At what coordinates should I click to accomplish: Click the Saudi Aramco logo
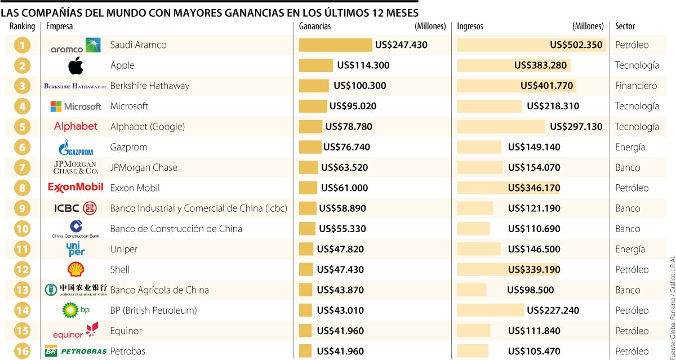[x=75, y=46]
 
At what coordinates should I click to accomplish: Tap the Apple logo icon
[x=75, y=65]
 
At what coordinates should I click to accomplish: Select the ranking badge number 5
[x=22, y=127]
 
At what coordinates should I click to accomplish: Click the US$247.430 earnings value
[x=402, y=45]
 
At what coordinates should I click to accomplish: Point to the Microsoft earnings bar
[x=313, y=106]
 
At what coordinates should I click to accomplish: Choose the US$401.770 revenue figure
[x=547, y=86]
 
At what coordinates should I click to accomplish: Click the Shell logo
[x=75, y=269]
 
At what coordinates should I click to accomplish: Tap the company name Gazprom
[x=128, y=147]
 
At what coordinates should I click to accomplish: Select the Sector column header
[x=625, y=26]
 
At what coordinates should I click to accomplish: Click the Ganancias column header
[x=315, y=26]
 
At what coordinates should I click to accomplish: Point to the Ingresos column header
[x=470, y=26]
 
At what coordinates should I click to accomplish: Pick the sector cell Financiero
[x=636, y=86]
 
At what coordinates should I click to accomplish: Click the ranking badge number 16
[x=22, y=351]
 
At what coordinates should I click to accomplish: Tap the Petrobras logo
[x=75, y=351]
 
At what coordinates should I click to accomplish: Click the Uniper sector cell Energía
[x=630, y=249]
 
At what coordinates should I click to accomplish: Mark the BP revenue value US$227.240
[x=553, y=310]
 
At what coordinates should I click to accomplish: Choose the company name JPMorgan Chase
[x=144, y=167]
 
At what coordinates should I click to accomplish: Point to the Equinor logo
[x=75, y=331]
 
